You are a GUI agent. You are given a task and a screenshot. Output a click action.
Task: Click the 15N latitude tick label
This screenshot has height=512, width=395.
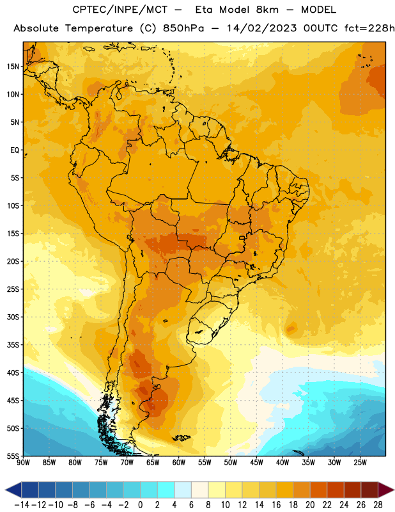[13, 67]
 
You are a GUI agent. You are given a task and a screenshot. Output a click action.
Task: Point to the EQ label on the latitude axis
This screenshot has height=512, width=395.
[15, 150]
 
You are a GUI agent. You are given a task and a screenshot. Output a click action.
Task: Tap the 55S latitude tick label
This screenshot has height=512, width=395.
[13, 456]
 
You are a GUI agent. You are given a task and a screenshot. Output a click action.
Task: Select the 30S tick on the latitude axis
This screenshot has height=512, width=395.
[13, 317]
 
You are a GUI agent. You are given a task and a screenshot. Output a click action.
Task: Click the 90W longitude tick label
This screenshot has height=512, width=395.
[23, 463]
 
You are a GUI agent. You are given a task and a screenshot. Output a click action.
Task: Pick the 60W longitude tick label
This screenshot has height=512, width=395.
[179, 463]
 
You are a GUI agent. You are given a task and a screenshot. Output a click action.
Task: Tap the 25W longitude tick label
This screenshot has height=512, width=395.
[360, 463]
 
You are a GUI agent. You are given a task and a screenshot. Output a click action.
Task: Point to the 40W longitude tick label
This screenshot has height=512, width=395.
[283, 463]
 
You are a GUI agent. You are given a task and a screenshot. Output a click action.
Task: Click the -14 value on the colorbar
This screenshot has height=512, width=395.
[22, 505]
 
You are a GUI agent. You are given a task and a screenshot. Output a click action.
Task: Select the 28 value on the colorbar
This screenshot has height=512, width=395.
[378, 505]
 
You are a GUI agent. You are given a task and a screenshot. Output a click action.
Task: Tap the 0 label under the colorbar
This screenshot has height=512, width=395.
[140, 505]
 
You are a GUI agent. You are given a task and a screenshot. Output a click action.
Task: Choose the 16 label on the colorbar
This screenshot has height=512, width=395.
[276, 505]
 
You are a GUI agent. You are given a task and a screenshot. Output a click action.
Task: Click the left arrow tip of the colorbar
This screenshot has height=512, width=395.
[5, 490]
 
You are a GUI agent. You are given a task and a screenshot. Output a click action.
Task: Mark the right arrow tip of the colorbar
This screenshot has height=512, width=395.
[394, 490]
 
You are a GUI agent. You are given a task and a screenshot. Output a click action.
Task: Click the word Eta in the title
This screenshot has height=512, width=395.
[204, 10]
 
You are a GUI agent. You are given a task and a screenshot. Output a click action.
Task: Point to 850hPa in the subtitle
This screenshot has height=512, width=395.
[183, 28]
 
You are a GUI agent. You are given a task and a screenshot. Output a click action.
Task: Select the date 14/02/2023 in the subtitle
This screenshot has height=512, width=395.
[261, 28]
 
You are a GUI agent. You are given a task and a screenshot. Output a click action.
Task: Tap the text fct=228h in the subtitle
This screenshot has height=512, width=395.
[369, 28]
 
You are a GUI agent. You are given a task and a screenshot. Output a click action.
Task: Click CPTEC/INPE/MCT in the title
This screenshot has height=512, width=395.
[120, 10]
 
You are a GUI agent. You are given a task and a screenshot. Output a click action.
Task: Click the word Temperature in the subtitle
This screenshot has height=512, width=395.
[99, 29]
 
